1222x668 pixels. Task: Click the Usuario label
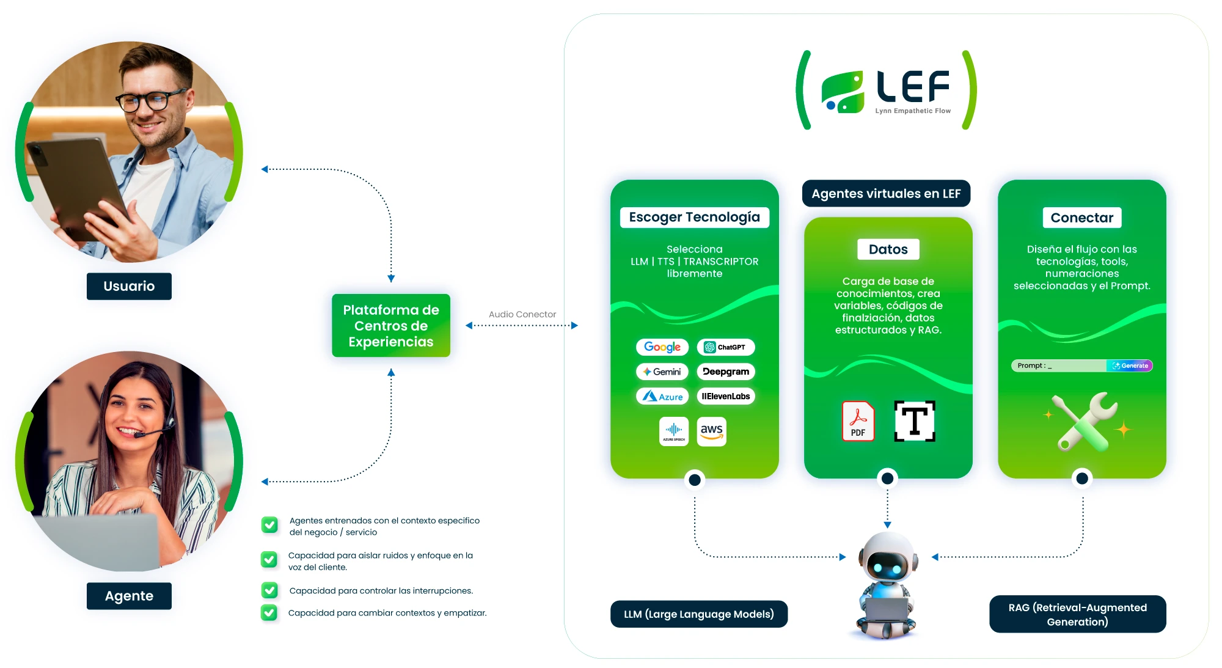pyautogui.click(x=129, y=286)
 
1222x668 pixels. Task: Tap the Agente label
pyautogui.click(x=129, y=596)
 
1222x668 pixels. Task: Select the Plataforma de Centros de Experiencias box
pyautogui.click(x=391, y=326)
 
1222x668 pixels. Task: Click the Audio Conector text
pyautogui.click(x=522, y=314)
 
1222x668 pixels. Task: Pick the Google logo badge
pyautogui.click(x=662, y=347)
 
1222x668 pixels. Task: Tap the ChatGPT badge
pyautogui.click(x=726, y=347)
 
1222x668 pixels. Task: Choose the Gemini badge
pyautogui.click(x=662, y=372)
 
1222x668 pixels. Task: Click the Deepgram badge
pyautogui.click(x=726, y=372)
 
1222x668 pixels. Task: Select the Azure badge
pyautogui.click(x=662, y=397)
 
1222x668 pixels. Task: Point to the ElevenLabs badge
pyautogui.click(x=726, y=396)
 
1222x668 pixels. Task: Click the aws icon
pyautogui.click(x=712, y=431)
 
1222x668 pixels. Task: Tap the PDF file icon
pyautogui.click(x=858, y=421)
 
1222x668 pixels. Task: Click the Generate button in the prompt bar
pyautogui.click(x=1130, y=365)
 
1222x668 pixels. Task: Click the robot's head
pyautogui.click(x=888, y=557)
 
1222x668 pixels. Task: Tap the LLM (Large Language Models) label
pyautogui.click(x=698, y=614)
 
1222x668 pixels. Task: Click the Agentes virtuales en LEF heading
pyautogui.click(x=886, y=194)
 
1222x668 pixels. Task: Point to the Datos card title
pyautogui.click(x=888, y=249)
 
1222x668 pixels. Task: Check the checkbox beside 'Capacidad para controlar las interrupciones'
pyautogui.click(x=269, y=590)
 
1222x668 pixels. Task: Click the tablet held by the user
pyautogui.click(x=73, y=183)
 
